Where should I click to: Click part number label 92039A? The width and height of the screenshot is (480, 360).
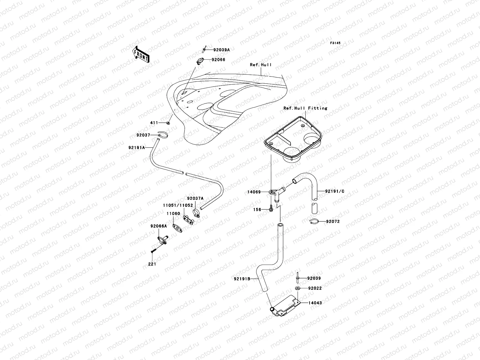pos(222,50)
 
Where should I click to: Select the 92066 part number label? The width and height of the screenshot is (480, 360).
pos(218,60)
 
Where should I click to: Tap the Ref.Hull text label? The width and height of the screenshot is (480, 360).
pos(261,64)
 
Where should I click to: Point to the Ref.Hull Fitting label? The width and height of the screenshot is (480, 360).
pos(305,108)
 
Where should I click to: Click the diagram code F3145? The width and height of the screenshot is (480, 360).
pos(335,43)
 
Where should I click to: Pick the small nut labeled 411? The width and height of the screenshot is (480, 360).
pos(169,123)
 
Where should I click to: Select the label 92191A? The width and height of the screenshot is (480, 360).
pos(136,148)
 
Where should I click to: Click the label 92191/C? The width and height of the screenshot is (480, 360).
pos(334,191)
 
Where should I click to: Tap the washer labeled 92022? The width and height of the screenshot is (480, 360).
pos(297,288)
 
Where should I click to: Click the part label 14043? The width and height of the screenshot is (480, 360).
pos(315,303)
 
